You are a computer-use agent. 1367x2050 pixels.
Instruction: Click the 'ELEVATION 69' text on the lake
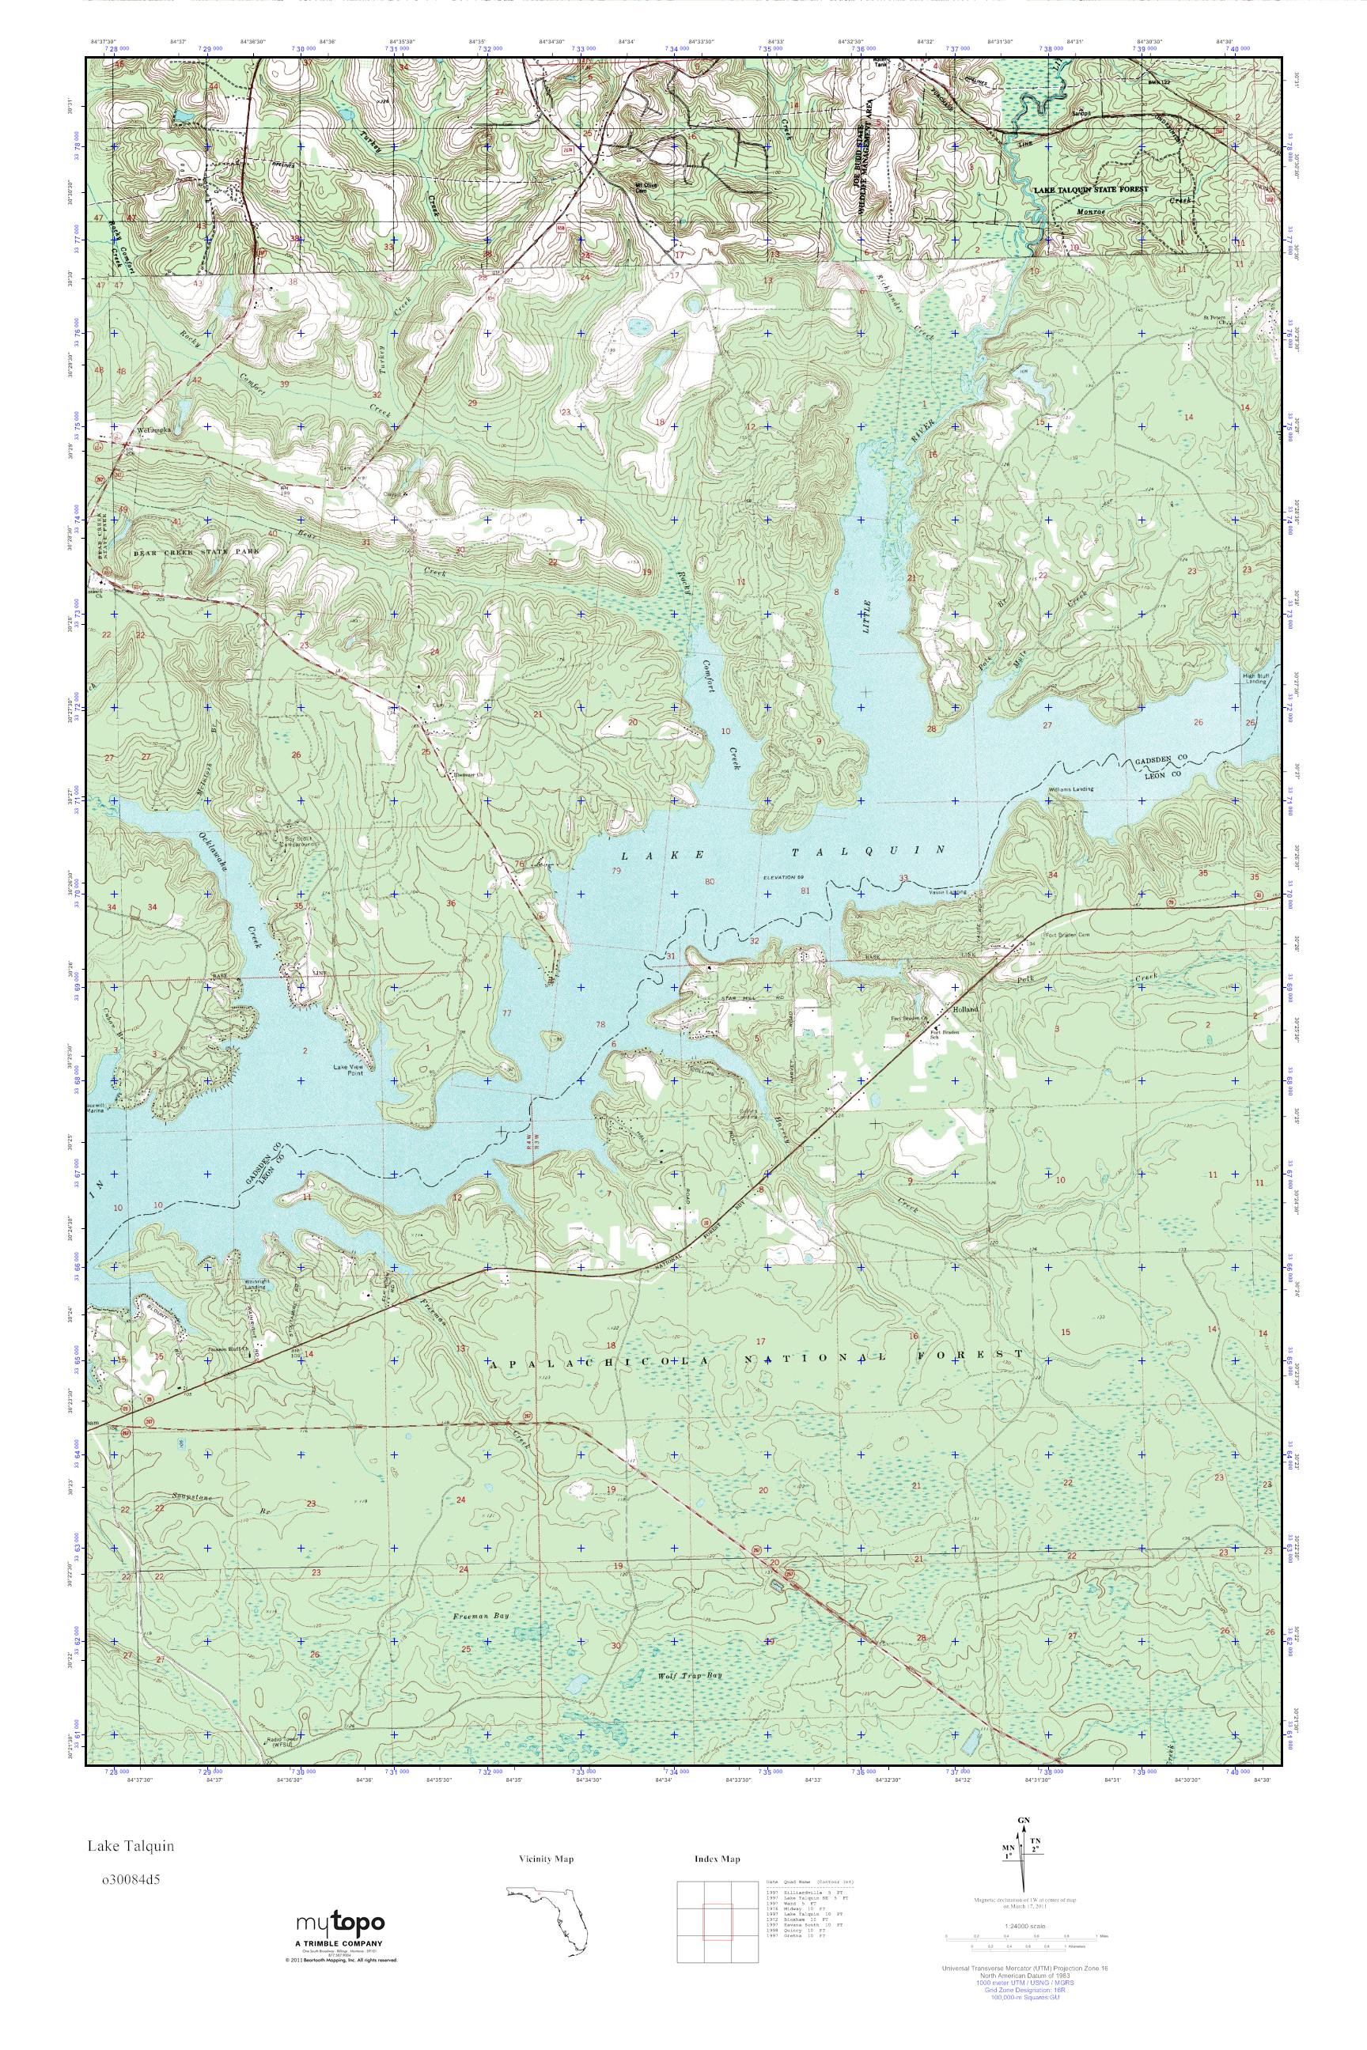coord(786,878)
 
